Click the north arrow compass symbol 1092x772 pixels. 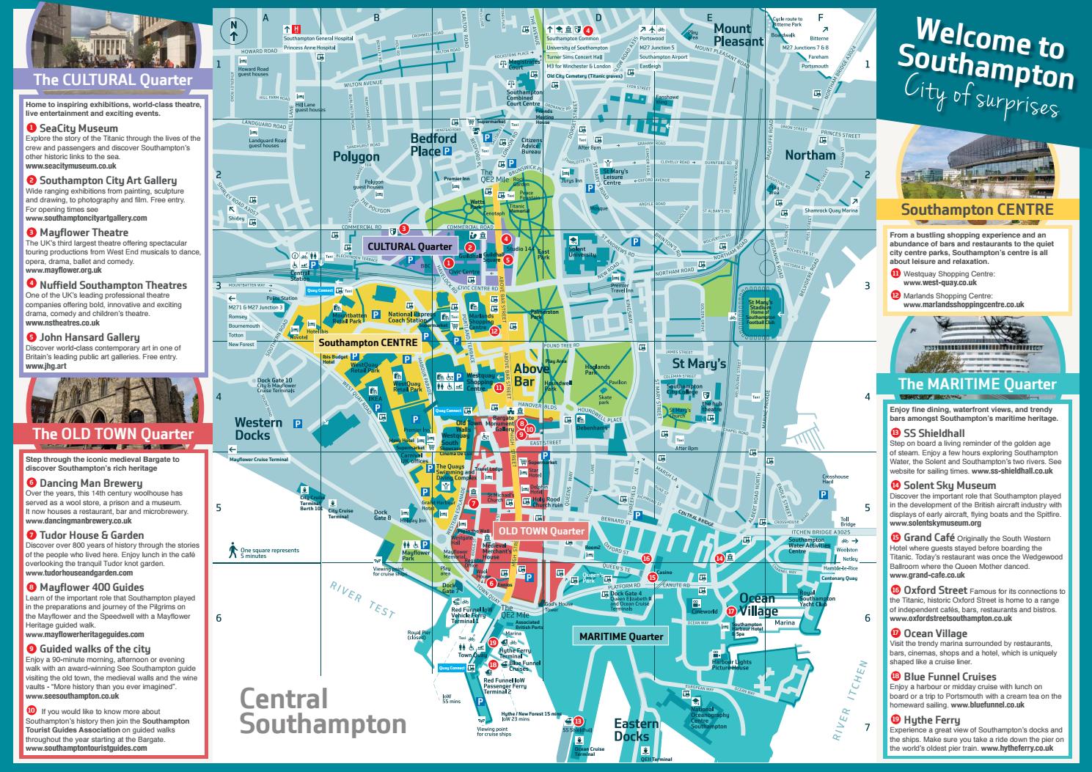coord(234,29)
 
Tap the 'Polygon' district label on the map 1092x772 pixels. coord(356,156)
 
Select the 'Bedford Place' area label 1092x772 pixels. coord(433,144)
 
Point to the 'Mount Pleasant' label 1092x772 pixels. coord(739,35)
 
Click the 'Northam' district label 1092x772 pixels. coord(810,155)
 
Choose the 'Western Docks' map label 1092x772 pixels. coord(257,429)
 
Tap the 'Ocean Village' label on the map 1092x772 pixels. coord(758,605)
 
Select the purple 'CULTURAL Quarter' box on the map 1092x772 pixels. coord(409,246)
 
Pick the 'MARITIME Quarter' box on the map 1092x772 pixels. coord(621,636)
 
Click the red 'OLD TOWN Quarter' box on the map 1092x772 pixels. coord(540,531)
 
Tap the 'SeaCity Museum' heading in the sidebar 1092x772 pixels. coord(78,128)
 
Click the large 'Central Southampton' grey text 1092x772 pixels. coord(323,711)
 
